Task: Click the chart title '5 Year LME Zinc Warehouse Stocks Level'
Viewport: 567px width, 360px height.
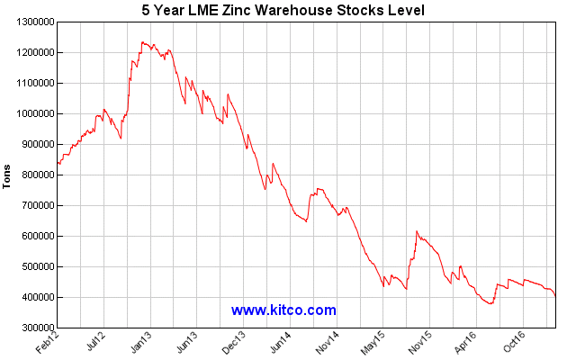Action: coord(283,10)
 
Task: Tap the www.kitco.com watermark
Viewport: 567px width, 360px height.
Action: coord(283,310)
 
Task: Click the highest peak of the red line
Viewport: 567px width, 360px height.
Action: coord(142,41)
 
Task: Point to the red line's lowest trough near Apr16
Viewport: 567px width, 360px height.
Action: coord(490,303)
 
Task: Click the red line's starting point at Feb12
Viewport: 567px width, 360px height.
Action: coord(58,164)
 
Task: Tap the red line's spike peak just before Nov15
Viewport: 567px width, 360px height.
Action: coord(417,231)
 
